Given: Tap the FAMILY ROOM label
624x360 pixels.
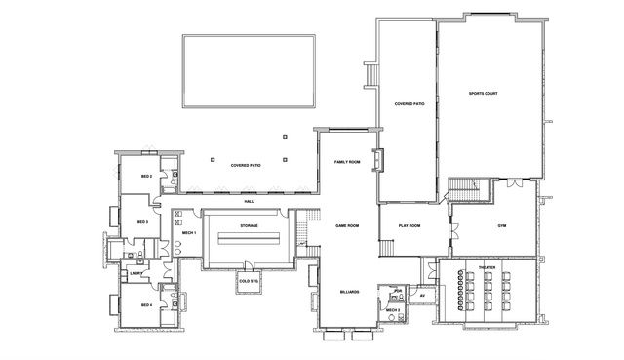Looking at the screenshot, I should click(348, 162).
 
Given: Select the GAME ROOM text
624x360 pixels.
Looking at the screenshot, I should click(348, 226).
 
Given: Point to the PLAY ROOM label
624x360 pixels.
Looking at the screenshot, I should click(409, 226).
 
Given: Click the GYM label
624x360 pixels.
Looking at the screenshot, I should click(501, 226).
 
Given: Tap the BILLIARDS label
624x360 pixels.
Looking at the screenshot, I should click(349, 291).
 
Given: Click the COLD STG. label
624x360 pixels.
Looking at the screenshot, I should click(248, 281).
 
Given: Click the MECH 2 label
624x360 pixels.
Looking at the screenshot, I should click(393, 310).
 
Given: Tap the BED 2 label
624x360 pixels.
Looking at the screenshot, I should click(144, 177).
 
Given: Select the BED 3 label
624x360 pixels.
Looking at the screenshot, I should click(142, 222).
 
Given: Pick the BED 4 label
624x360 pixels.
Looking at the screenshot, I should click(146, 305).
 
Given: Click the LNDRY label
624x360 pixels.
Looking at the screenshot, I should click(136, 273).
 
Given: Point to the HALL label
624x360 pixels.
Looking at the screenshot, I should click(249, 201).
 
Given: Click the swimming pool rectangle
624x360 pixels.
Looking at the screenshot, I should click(249, 71).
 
